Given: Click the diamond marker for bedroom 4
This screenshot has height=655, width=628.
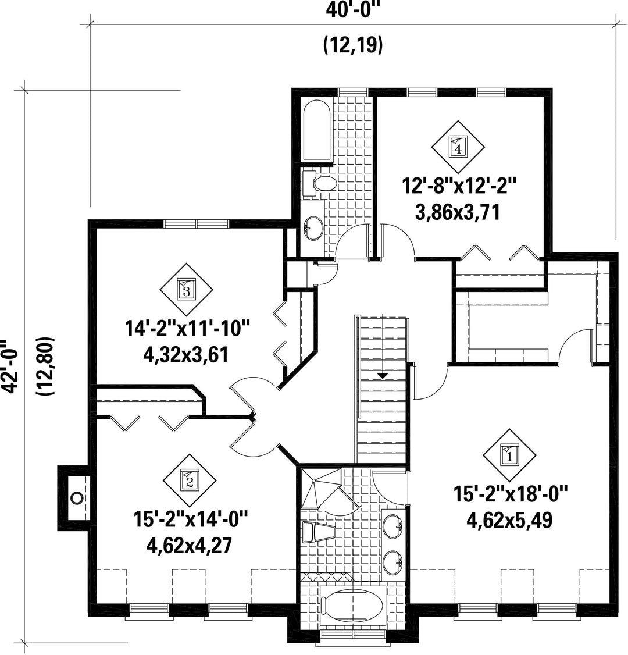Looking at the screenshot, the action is pyautogui.click(x=458, y=147).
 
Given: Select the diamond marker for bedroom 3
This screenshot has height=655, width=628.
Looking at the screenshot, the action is pyautogui.click(x=187, y=289).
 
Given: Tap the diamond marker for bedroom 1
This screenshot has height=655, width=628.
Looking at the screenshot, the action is pyautogui.click(x=509, y=455).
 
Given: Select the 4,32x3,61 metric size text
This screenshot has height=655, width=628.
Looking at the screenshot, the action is pyautogui.click(x=186, y=355).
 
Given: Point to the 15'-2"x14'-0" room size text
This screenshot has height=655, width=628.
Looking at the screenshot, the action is pyautogui.click(x=191, y=521).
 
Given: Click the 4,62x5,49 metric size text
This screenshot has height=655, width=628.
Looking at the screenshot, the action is pyautogui.click(x=509, y=521).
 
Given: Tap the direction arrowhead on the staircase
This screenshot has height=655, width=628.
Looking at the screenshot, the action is pyautogui.click(x=382, y=376).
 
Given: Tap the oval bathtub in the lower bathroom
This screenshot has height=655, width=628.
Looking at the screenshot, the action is pyautogui.click(x=354, y=607).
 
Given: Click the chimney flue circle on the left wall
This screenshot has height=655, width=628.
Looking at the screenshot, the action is pyautogui.click(x=76, y=497).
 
